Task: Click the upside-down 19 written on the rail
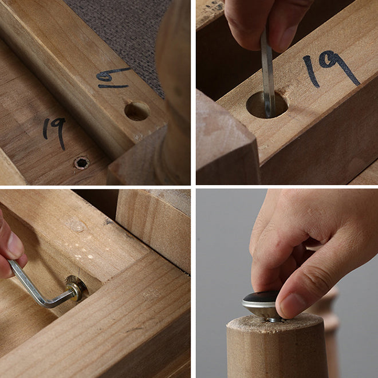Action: click(x=114, y=77)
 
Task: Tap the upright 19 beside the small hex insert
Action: click(x=54, y=133)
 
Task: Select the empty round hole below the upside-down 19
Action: click(x=137, y=111)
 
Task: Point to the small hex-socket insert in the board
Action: click(x=82, y=163)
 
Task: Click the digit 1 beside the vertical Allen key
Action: click(x=311, y=71)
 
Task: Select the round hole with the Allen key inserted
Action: click(x=267, y=105)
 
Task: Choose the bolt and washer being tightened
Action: click(x=76, y=288)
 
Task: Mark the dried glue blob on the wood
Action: click(x=76, y=226)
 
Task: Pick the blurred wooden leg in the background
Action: click(x=328, y=333)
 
